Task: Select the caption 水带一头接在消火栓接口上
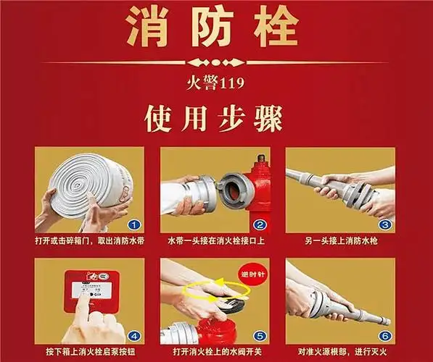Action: point(214,240)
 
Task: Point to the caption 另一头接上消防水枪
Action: point(339,240)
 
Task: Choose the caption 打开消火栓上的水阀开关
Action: point(214,352)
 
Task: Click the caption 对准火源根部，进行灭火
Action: point(339,352)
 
